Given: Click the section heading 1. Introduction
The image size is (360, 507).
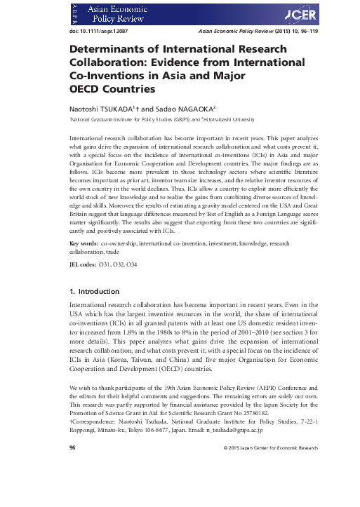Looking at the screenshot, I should point(98,290).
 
